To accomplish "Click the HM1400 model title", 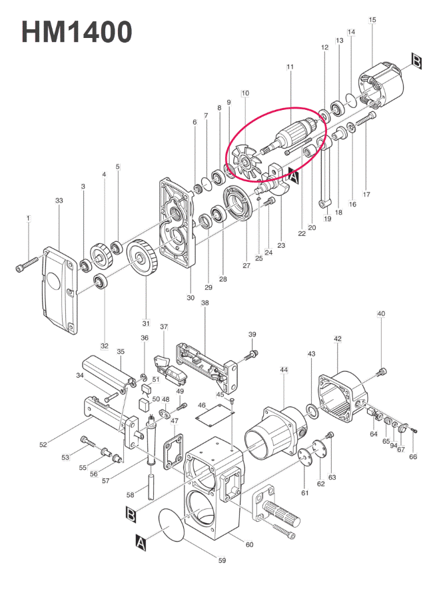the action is pos(77,32).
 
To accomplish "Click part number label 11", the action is pos(290,67).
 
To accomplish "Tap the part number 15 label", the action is pos(372,19).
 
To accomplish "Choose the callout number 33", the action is pos(59,201).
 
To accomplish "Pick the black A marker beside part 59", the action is pos(141,542).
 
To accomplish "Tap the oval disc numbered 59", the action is pos(172,525).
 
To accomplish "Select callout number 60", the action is pos(249,544).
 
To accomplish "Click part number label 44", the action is pos(284,370).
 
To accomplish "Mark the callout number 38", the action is pos(205,303).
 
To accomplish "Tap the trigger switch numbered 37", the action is pos(171,370).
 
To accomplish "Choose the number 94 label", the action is pos(394,445).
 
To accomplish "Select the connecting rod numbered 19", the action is pos(325,174).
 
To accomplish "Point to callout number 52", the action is pos(43,444).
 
